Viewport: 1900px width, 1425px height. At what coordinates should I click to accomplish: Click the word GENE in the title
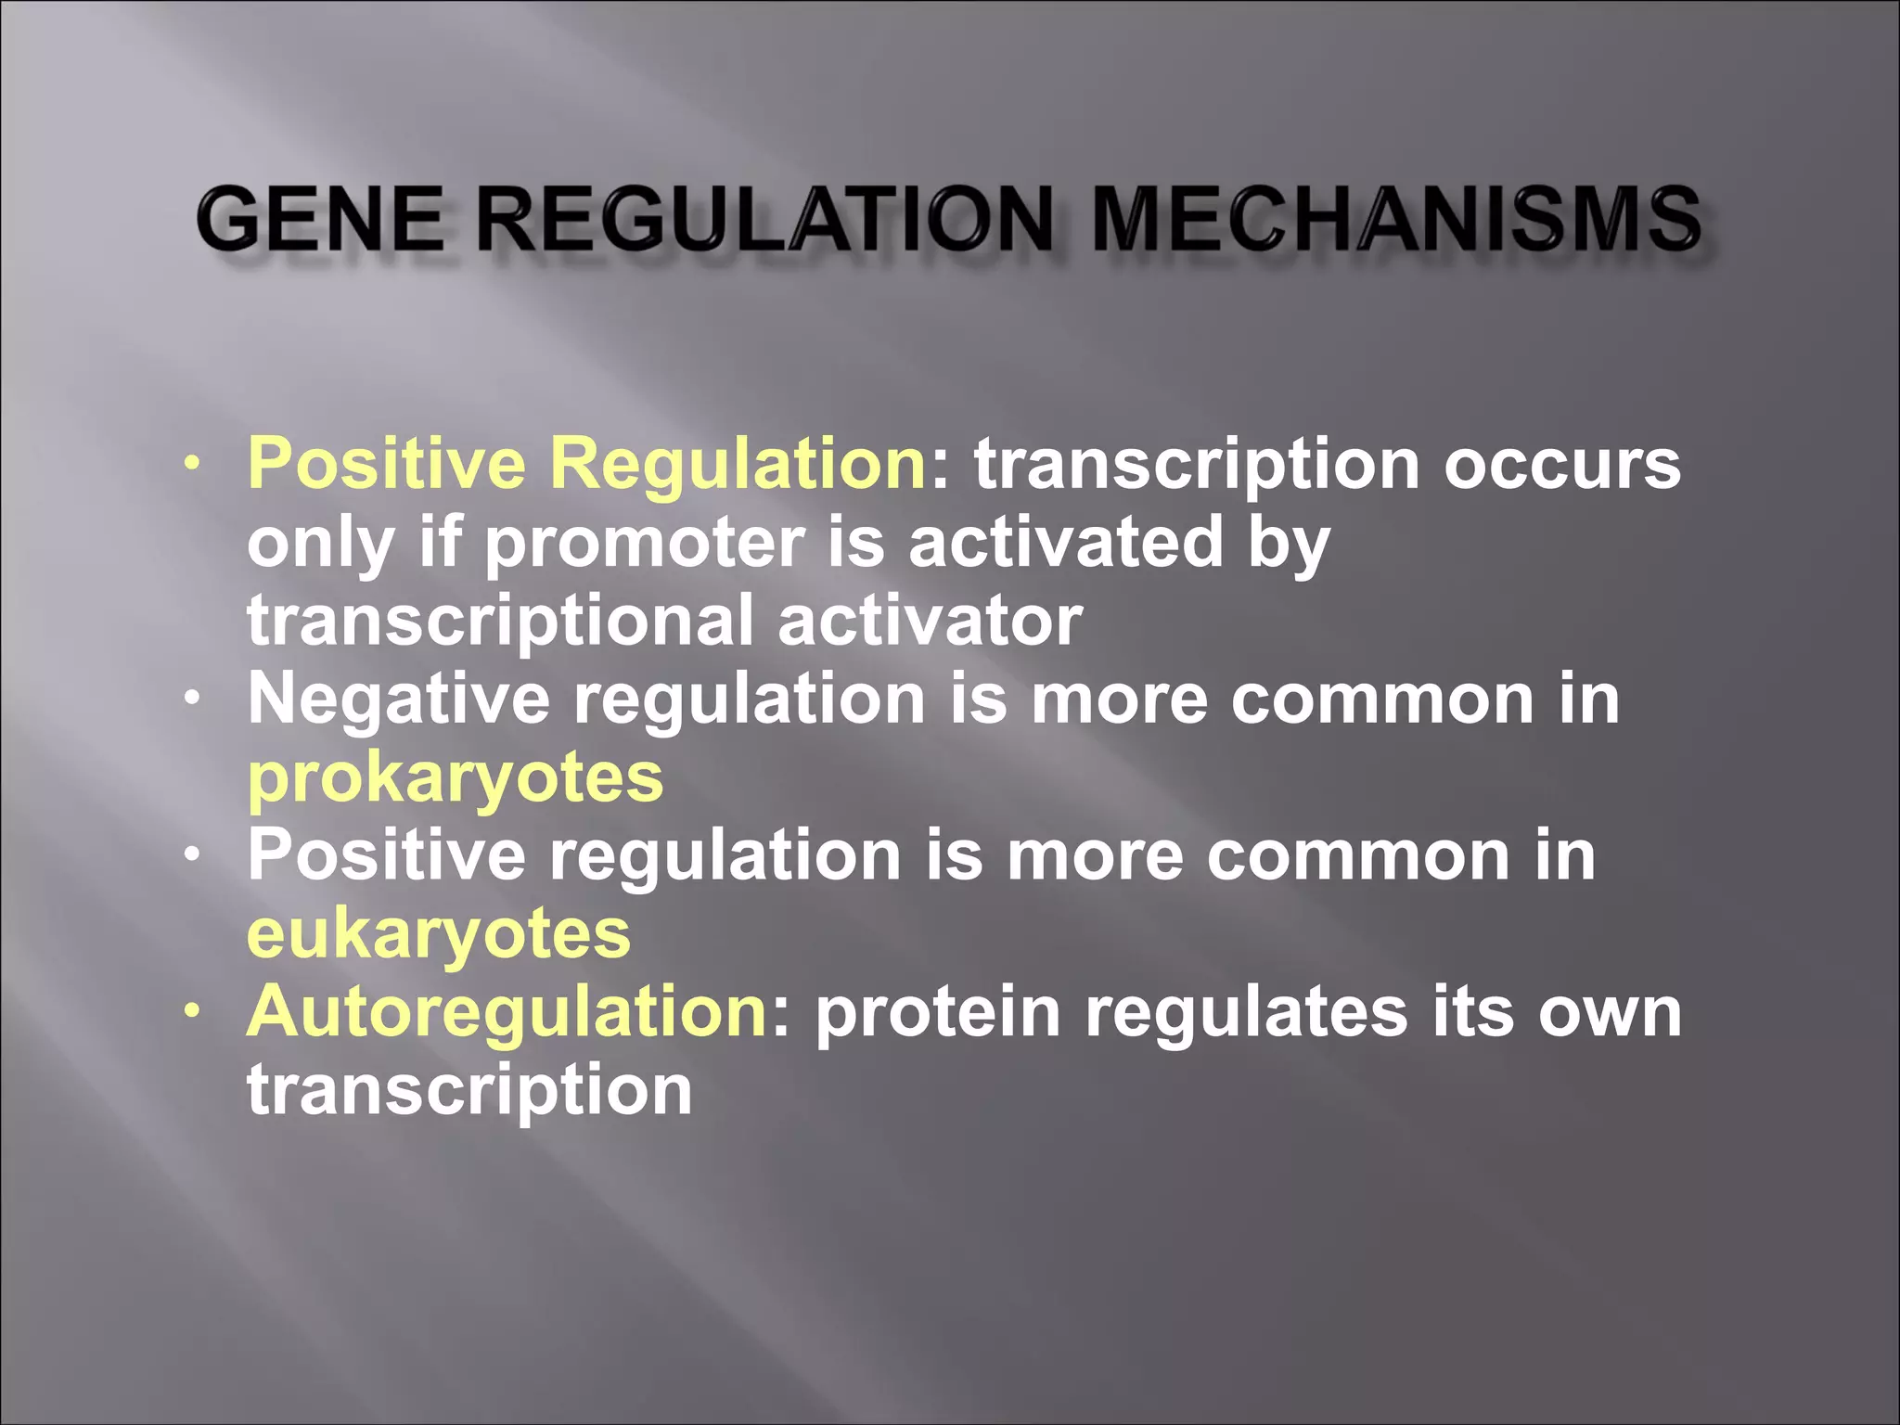(320, 219)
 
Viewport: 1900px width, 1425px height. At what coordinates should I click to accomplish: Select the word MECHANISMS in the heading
(1396, 219)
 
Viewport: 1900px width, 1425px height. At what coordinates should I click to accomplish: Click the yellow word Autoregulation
(507, 1011)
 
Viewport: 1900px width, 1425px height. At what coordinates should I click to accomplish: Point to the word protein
(937, 1011)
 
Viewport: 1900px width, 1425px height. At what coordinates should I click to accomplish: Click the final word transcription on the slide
(469, 1089)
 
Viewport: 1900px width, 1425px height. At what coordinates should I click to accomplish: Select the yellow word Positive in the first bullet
(386, 464)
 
